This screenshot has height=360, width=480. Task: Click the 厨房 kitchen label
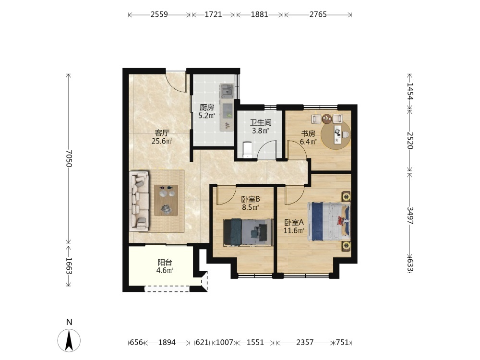point(206,108)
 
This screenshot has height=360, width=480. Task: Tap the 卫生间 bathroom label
point(261,123)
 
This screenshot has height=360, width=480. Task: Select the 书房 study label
point(308,134)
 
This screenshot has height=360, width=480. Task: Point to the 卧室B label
point(251,199)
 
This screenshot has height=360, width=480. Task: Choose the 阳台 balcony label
point(165,263)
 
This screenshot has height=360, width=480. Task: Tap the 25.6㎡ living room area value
point(162,141)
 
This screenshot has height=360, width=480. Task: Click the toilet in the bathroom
point(247,150)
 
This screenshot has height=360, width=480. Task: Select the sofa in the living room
point(139,201)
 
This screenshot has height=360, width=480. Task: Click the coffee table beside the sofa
point(166,201)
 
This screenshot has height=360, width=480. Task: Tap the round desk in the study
point(336,135)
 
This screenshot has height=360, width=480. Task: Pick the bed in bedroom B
point(248,232)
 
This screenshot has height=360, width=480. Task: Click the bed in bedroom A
point(329,221)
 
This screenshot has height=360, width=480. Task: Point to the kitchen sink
point(227,90)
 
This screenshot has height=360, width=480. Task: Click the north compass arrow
point(69,340)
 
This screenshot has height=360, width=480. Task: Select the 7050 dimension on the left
point(68,158)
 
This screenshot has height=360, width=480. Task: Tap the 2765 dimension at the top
point(318,14)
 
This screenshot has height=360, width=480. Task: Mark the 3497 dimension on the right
point(410,216)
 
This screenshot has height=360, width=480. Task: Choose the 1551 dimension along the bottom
point(255,342)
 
